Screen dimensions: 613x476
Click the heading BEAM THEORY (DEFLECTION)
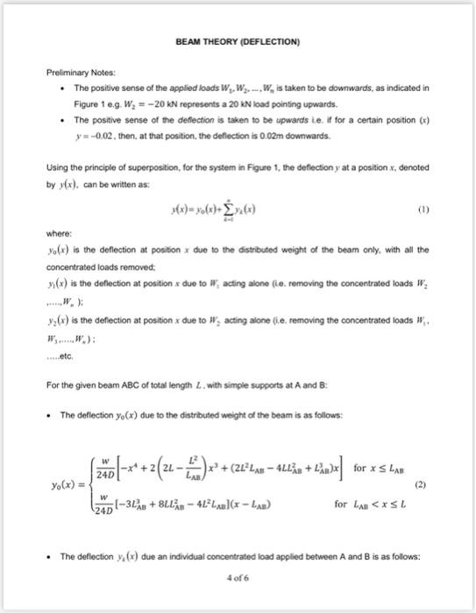tap(237, 42)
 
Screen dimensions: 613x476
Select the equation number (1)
tap(420, 209)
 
